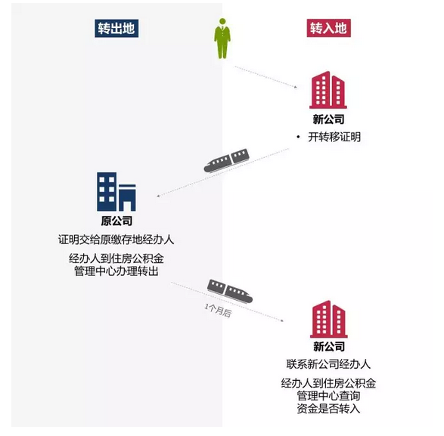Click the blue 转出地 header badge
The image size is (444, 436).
click(116, 28)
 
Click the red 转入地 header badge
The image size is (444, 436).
click(329, 28)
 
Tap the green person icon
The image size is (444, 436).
click(222, 39)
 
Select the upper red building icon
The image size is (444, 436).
click(328, 90)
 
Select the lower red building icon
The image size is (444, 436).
click(329, 319)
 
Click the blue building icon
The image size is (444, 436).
click(116, 191)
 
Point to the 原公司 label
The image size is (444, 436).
click(116, 221)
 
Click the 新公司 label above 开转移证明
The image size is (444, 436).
click(328, 119)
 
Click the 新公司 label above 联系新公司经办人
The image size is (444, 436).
click(329, 346)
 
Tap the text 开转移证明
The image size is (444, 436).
click(334, 137)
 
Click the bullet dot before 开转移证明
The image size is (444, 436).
click(298, 138)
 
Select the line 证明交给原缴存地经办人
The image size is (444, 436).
click(116, 240)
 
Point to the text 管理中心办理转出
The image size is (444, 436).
click(116, 271)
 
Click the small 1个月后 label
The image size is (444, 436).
click(218, 310)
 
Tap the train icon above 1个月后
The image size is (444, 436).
click(230, 291)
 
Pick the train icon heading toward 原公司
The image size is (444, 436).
click(226, 160)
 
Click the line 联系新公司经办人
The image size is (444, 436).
click(328, 364)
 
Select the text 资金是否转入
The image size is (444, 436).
click(328, 408)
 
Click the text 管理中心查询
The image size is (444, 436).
click(328, 395)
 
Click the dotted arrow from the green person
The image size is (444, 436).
click(266, 77)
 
